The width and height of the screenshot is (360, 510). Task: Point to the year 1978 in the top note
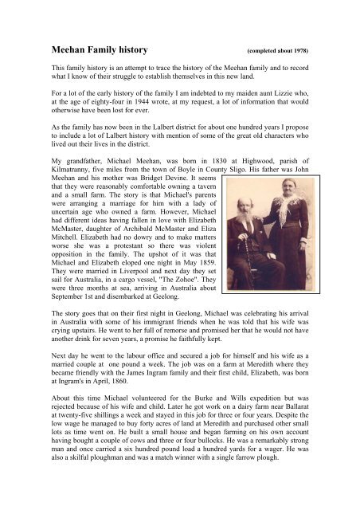(x=297, y=52)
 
